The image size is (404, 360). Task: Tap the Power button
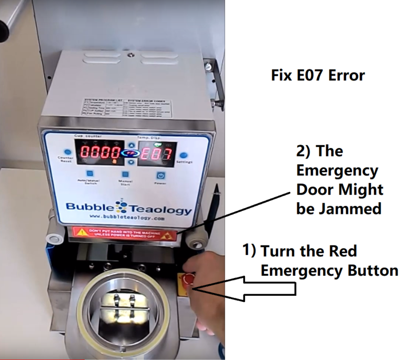(161, 176)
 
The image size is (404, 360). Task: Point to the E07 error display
(156, 155)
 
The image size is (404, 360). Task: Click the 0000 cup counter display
(99, 154)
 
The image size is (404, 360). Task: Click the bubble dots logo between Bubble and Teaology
(114, 205)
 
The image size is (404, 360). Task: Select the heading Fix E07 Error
(317, 76)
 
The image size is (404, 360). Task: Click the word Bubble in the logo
(86, 209)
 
